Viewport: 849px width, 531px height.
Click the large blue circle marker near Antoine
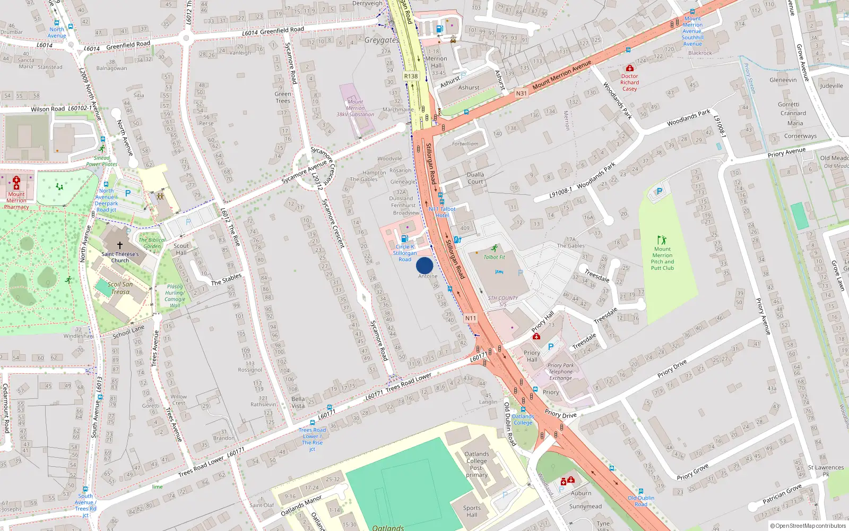tap(424, 265)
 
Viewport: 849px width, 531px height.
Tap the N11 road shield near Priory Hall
tap(470, 318)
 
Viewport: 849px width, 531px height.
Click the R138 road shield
tap(411, 76)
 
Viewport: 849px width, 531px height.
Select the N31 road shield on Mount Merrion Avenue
tap(522, 93)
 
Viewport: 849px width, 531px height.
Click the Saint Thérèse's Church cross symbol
tap(120, 245)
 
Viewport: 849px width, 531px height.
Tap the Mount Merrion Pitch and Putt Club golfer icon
tap(662, 240)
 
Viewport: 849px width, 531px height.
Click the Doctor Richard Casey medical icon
tap(629, 68)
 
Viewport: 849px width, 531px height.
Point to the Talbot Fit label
tap(494, 257)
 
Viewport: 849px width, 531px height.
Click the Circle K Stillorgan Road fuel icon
tap(404, 239)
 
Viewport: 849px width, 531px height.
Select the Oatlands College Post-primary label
tap(477, 464)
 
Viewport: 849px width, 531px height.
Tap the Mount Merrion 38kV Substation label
tap(355, 108)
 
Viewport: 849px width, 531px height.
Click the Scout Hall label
tap(181, 249)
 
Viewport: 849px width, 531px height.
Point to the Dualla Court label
tap(475, 178)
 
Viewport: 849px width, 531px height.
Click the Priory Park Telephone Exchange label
tap(561, 372)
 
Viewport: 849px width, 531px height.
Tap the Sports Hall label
tap(472, 511)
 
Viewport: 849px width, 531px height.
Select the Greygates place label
tap(381, 40)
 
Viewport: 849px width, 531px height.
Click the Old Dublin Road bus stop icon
tap(641, 492)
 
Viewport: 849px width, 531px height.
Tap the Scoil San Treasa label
tap(120, 288)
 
